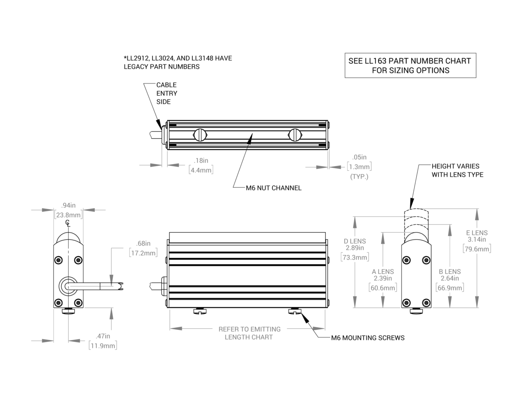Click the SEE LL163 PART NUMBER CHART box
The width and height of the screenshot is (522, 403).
click(x=410, y=65)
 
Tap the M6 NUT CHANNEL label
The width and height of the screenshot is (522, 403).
click(x=273, y=188)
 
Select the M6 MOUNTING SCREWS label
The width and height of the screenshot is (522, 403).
click(x=368, y=338)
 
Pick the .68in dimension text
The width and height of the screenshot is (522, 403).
click(x=143, y=243)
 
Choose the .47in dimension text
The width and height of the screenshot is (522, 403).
click(x=103, y=336)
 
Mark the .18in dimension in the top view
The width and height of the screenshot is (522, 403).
click(x=201, y=160)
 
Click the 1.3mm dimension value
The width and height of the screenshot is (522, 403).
click(x=359, y=167)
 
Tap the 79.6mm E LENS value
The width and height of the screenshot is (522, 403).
click(x=477, y=249)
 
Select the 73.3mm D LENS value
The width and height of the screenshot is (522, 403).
click(x=355, y=257)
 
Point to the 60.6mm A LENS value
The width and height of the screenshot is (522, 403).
click(x=383, y=288)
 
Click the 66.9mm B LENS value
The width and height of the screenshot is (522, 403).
click(x=450, y=288)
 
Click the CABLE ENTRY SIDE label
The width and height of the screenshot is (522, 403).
click(x=167, y=93)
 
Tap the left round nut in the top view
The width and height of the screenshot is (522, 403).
click(x=201, y=135)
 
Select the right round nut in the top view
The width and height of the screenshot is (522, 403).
click(x=294, y=135)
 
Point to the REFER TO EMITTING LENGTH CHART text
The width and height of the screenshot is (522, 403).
click(x=249, y=333)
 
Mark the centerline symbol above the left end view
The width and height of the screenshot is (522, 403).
click(x=67, y=223)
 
